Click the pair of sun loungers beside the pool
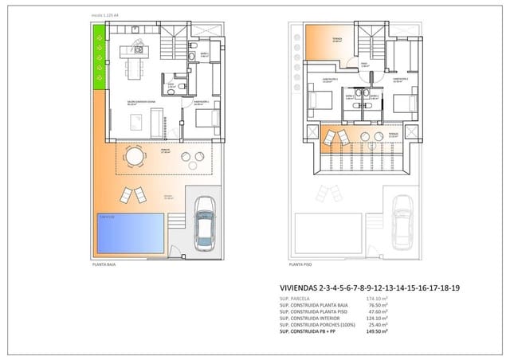pyautogui.click(x=132, y=194)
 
